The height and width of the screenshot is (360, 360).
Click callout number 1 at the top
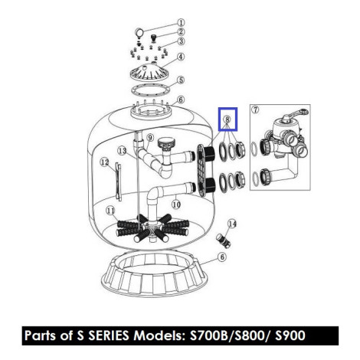(x=181, y=22)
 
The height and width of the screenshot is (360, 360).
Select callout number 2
(x=181, y=32)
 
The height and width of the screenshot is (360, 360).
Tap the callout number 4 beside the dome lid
(x=181, y=57)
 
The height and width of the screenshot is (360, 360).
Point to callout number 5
(x=181, y=80)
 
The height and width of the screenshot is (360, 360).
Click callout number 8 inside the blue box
(x=227, y=119)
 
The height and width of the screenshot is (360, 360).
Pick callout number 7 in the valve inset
(x=255, y=110)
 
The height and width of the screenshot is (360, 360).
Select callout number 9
(x=150, y=138)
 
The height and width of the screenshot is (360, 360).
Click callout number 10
(x=176, y=205)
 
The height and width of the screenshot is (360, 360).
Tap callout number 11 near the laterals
(x=110, y=211)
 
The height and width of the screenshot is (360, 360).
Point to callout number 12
(x=104, y=162)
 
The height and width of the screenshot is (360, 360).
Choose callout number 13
(x=123, y=151)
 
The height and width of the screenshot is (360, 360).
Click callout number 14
(x=232, y=224)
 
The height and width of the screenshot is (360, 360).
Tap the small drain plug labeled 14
(x=224, y=241)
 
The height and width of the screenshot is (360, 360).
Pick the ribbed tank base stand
(x=154, y=276)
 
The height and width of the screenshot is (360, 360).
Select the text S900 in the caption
(x=290, y=335)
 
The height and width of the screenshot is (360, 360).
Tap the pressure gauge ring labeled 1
(x=139, y=34)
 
